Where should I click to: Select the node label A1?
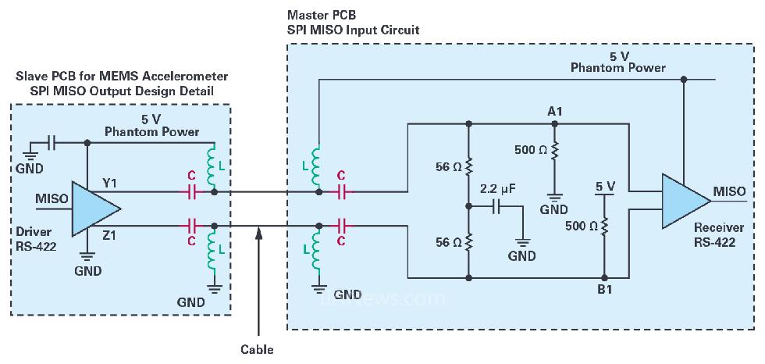(555, 112)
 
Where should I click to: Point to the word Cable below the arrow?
(258, 349)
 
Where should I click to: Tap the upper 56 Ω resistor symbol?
(468, 166)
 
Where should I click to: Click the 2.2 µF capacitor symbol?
(498, 208)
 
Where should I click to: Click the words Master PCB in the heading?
(318, 15)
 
